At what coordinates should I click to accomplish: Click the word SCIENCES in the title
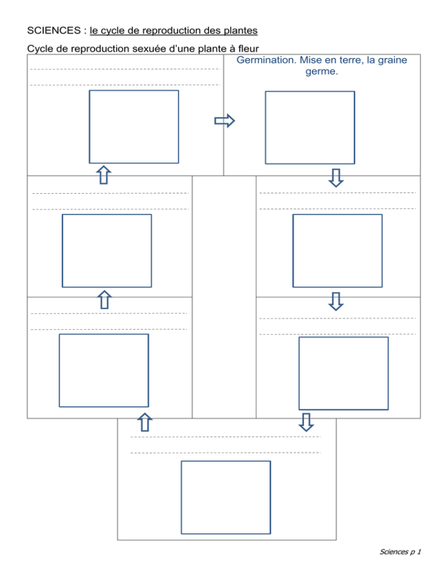(54, 30)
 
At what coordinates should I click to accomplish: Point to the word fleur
(249, 48)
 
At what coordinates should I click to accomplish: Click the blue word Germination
(267, 60)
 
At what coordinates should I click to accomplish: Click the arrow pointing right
(225, 121)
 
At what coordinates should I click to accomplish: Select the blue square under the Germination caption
(310, 128)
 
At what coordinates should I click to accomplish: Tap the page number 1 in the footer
(419, 552)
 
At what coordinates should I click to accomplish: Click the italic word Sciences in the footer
(394, 552)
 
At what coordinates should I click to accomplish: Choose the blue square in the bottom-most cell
(226, 498)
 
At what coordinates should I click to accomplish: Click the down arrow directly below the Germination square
(336, 178)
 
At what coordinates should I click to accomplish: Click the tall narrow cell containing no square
(224, 297)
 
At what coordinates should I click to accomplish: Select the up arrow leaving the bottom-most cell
(145, 422)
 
